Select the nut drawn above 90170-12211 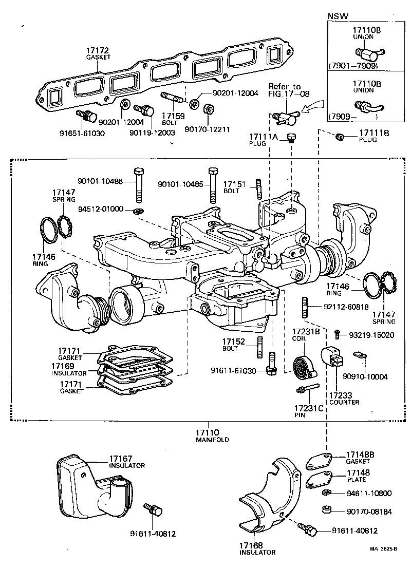pyautogui.click(x=209, y=109)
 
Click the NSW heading pyautogui.click(x=338, y=16)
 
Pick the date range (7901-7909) pyautogui.click(x=353, y=66)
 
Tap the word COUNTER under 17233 pyautogui.click(x=344, y=402)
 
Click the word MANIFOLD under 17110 pyautogui.click(x=212, y=440)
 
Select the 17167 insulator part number pyautogui.click(x=121, y=458)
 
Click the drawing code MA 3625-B pyautogui.click(x=383, y=548)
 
